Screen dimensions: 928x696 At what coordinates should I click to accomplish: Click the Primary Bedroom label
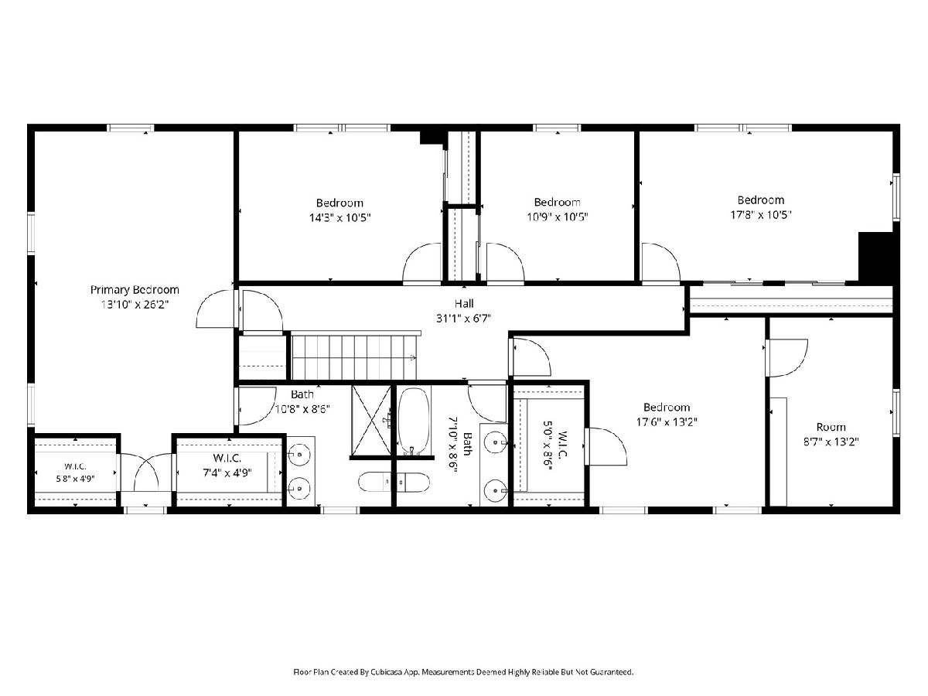click(x=135, y=290)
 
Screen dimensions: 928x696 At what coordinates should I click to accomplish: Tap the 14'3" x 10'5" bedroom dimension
click(x=339, y=217)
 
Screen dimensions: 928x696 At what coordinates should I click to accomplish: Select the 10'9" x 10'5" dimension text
click(x=558, y=217)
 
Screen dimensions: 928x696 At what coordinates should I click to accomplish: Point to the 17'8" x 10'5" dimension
click(x=761, y=215)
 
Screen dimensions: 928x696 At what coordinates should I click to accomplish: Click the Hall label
click(x=464, y=303)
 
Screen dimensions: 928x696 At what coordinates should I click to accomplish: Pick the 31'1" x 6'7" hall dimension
click(x=464, y=318)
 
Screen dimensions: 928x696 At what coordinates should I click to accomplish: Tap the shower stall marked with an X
click(x=371, y=421)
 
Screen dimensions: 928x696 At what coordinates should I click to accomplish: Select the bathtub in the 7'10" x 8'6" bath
click(x=414, y=421)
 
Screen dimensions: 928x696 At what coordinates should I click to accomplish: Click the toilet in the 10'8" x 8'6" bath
click(x=394, y=482)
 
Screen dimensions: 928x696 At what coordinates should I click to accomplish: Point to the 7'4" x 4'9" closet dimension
click(x=227, y=473)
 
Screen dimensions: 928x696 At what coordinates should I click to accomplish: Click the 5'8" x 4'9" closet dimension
click(x=75, y=479)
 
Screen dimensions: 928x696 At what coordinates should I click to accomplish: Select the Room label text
click(x=831, y=427)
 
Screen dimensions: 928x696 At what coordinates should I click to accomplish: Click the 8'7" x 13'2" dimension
click(x=831, y=442)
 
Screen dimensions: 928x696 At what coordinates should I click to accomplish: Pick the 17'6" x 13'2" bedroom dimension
click(x=667, y=421)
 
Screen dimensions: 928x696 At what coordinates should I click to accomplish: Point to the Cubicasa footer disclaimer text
click(x=463, y=672)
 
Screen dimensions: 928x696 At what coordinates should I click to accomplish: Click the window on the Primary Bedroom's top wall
click(x=130, y=128)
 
